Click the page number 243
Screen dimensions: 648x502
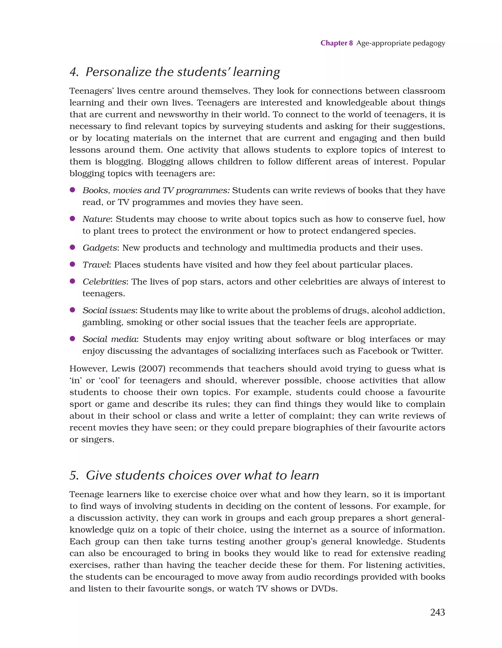[437, 612]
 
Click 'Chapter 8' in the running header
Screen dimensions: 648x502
[336, 43]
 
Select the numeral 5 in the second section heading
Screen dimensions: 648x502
[73, 476]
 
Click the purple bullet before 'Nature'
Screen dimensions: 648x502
[72, 219]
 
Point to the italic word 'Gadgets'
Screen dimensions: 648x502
[100, 248]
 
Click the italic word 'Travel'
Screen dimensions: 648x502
[96, 265]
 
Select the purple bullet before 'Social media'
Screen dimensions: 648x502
[72, 338]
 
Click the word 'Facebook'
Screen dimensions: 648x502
[377, 351]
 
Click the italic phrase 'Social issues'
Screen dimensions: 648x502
[109, 311]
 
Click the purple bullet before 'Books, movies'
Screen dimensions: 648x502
[72, 190]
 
